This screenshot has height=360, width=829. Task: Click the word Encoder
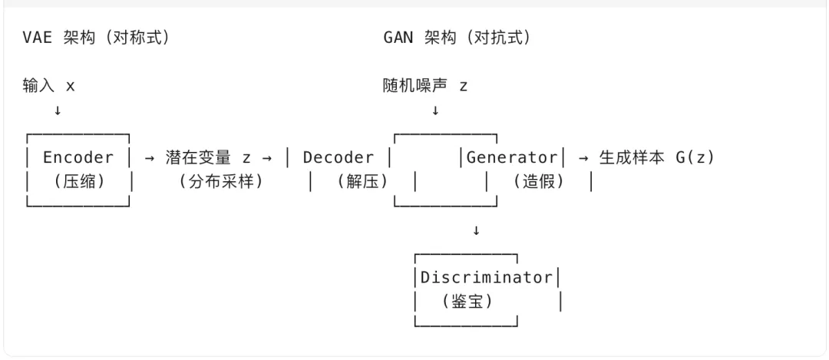(78, 157)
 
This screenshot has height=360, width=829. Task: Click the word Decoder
(338, 157)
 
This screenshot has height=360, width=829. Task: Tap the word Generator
(512, 157)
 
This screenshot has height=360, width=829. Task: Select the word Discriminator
(486, 277)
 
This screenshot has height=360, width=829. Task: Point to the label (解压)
(362, 183)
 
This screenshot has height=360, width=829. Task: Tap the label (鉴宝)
(467, 302)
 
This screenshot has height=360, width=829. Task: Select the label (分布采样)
(220, 183)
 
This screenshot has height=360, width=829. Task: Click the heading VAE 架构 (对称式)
(96, 38)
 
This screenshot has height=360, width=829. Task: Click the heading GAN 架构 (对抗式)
(456, 38)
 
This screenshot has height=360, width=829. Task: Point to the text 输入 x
(49, 86)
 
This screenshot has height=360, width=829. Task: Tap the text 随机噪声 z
(425, 86)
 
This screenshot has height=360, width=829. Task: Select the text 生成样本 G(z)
(656, 157)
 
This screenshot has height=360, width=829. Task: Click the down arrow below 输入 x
(58, 111)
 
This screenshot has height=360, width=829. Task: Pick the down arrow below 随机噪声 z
(435, 111)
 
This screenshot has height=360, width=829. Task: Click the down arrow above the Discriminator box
(476, 230)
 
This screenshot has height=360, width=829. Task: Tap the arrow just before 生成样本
(583, 157)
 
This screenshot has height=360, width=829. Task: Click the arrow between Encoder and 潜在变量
(150, 157)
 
